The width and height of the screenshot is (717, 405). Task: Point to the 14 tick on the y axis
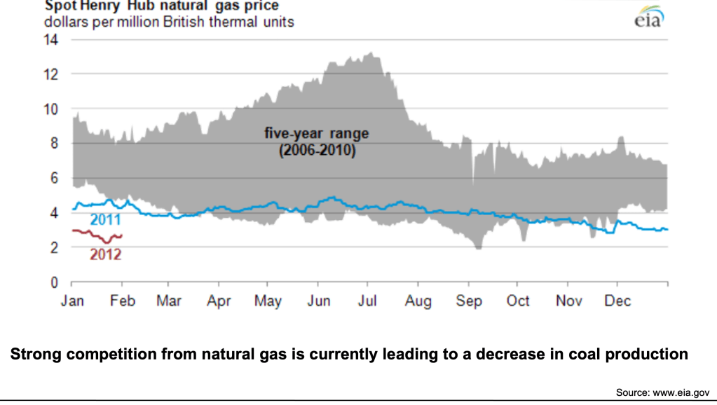(x=52, y=39)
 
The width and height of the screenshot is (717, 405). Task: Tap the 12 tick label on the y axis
(x=52, y=74)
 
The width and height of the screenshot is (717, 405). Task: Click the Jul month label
(x=368, y=301)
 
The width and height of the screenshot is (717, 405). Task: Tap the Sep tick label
(x=469, y=301)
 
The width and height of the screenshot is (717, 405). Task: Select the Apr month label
(x=219, y=301)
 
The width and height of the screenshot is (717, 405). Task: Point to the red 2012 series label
(x=105, y=254)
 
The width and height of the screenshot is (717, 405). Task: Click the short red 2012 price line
(x=98, y=236)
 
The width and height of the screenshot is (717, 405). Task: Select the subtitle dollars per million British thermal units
(x=169, y=22)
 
